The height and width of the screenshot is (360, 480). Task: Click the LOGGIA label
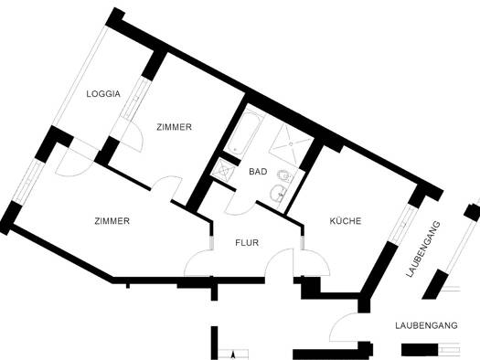(103, 93)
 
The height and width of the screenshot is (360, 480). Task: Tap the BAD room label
(258, 172)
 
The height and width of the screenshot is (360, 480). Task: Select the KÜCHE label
(346, 220)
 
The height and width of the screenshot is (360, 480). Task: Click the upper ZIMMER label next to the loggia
(174, 127)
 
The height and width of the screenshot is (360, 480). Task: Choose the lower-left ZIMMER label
(112, 221)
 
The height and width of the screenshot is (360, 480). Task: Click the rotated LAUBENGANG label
(423, 249)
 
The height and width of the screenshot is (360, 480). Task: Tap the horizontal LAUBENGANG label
(426, 325)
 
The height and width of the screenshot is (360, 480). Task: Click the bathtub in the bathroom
(245, 133)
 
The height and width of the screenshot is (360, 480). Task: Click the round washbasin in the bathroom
(278, 194)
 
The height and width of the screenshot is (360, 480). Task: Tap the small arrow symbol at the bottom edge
(233, 355)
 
